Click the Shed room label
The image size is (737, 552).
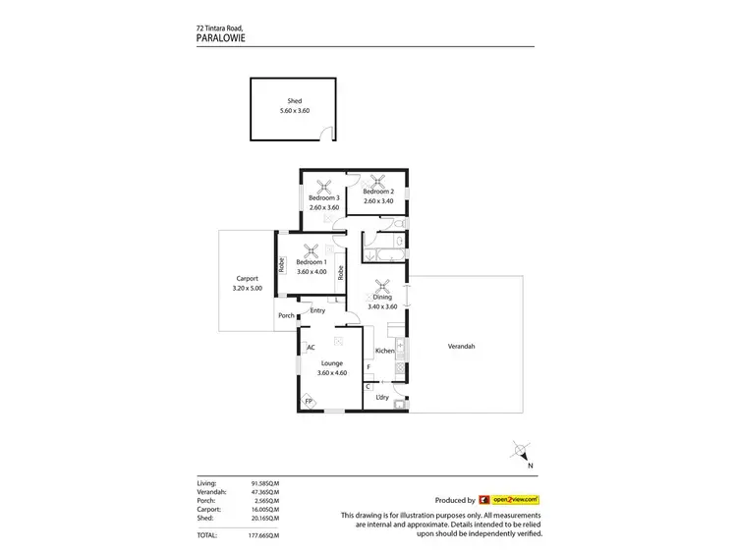click(x=294, y=101)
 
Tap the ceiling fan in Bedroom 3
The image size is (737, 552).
click(x=324, y=187)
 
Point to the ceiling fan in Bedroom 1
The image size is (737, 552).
click(x=312, y=250)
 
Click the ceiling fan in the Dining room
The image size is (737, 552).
click(x=383, y=288)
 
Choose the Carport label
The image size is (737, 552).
click(x=247, y=278)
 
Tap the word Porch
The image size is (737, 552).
click(x=286, y=315)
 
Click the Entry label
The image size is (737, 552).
click(x=317, y=310)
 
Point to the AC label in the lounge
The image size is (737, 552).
click(x=311, y=348)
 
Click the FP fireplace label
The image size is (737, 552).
click(x=308, y=402)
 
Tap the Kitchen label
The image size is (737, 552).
click(x=384, y=351)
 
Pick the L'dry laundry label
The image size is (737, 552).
click(x=382, y=397)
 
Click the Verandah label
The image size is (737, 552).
click(x=461, y=346)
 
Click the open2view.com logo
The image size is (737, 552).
click(x=509, y=500)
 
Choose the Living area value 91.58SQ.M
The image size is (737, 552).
click(x=265, y=484)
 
